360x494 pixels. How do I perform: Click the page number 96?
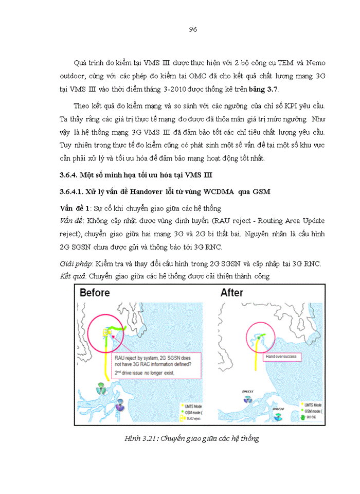193,29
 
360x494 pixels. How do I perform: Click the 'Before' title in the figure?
95,293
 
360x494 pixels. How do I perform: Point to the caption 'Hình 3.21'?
141,438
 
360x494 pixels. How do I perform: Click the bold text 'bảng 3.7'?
263,90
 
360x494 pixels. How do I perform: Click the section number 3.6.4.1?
75,191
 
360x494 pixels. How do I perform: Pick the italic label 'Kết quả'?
73,276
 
